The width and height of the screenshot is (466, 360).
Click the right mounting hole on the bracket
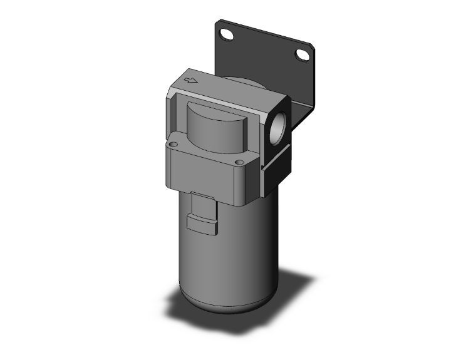[303, 55]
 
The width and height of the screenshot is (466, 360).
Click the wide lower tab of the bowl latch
[202, 224]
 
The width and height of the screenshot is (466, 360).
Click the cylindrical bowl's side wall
[251, 250]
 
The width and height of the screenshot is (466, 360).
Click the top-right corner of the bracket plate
[311, 47]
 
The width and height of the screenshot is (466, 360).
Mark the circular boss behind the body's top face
[241, 81]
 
